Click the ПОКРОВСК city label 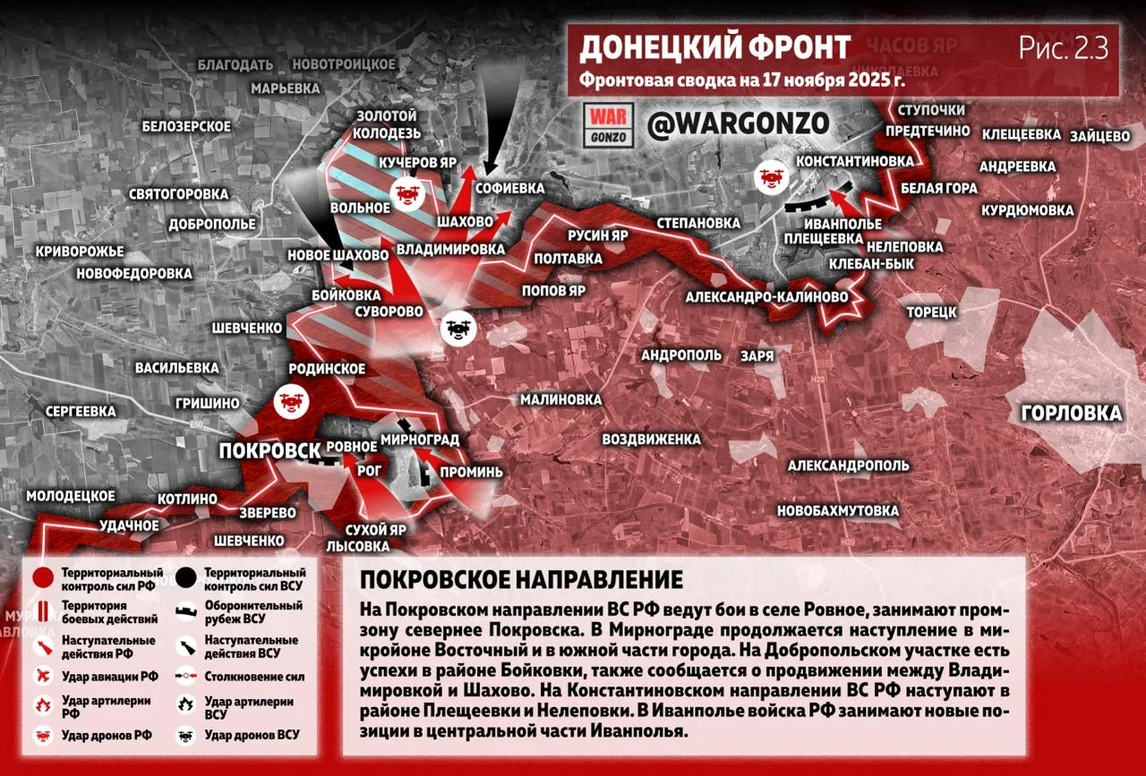point(269,451)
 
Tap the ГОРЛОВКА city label point(1071,414)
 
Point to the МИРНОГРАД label point(420,439)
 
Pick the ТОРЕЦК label point(932,311)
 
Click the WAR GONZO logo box point(610,125)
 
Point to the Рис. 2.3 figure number point(1064,48)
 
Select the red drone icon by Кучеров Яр point(407,192)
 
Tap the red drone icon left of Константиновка point(770,175)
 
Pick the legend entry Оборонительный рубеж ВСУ point(253,611)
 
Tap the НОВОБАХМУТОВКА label point(838,511)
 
